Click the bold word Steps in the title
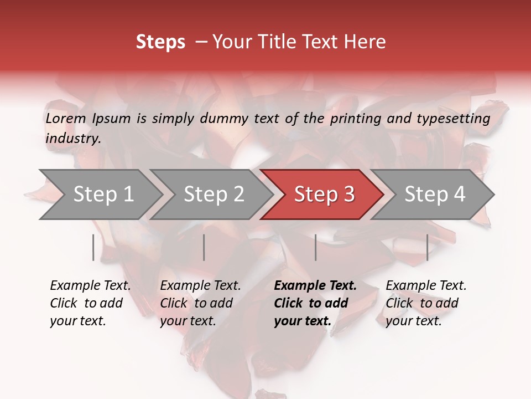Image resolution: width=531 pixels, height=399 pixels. pos(160,42)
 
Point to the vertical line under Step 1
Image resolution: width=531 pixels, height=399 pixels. pos(93,247)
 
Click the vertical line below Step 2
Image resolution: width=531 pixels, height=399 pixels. pos(204,247)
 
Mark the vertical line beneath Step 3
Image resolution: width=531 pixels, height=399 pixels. pos(315,247)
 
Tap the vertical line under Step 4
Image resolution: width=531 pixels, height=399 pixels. pos(427,247)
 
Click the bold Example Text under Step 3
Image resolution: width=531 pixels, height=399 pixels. pos(315,286)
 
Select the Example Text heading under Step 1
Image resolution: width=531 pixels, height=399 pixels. pos(90,286)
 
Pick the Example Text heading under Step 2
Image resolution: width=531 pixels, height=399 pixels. pos(200,286)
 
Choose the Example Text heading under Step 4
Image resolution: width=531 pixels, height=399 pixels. pos(426,286)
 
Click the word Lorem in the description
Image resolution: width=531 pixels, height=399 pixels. pos(65,119)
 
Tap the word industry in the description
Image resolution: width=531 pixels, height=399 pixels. pos(72,139)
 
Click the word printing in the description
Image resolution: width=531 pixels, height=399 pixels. pos(354,119)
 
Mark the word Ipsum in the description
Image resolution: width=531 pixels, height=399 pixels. pos(111,119)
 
